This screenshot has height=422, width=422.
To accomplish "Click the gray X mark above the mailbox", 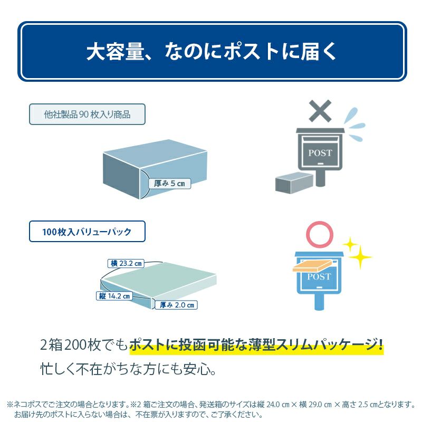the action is (320, 111).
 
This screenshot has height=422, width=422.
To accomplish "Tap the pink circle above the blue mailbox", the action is (320, 223).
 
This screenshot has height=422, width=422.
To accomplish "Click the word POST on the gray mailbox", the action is (320, 153).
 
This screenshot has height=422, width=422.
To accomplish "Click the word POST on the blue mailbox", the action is (319, 276).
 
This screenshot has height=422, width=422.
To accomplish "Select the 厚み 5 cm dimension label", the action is (169, 184).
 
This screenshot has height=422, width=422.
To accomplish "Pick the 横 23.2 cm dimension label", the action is (126, 263).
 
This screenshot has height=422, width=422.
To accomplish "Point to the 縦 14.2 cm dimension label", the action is (114, 296).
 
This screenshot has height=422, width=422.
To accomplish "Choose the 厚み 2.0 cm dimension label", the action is (177, 305).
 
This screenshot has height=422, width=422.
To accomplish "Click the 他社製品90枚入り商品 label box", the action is (87, 114).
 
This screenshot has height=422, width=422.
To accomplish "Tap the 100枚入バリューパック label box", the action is (87, 232).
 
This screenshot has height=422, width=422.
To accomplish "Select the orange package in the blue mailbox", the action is (312, 266).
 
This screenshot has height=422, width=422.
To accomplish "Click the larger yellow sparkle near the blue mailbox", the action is (360, 257).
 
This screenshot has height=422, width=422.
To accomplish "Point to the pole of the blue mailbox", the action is (320, 302).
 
